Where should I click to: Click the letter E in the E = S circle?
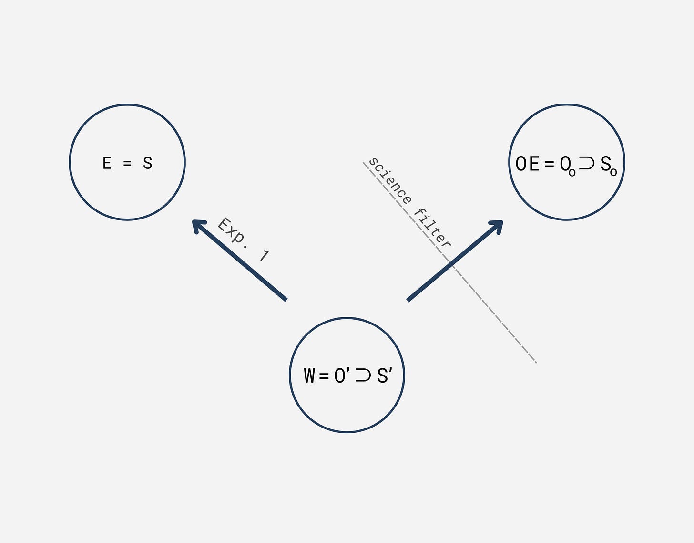point(107,164)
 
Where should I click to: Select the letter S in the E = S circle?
point(148,164)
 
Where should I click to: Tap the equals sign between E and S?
point(127,164)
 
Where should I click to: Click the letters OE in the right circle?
point(528,164)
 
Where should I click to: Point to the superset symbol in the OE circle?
point(586,164)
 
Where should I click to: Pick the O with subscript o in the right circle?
point(567,166)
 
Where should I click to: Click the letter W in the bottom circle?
point(309,376)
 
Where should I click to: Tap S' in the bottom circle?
point(384,376)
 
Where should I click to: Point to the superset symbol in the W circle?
point(363,376)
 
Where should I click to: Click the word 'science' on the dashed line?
point(390,181)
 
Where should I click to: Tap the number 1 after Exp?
point(264,256)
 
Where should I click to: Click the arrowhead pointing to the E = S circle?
point(197,225)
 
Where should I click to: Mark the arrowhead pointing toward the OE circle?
point(498,225)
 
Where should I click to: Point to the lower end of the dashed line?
point(536,362)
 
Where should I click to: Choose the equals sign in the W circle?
point(324,376)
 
